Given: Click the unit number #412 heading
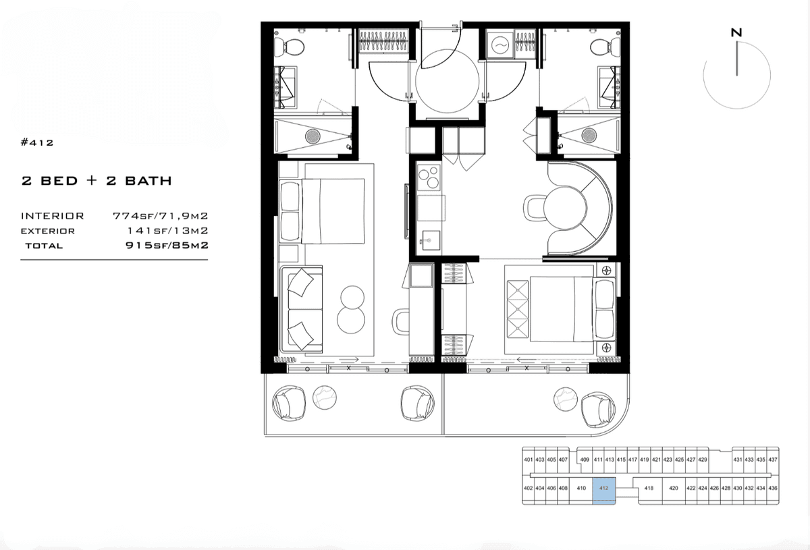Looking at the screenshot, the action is (37, 142).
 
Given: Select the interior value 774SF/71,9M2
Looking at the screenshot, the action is (161, 216).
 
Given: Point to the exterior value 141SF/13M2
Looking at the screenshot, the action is (168, 231).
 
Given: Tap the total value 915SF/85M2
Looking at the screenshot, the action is (167, 246).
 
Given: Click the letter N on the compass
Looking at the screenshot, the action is (736, 33).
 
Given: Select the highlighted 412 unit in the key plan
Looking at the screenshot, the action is (604, 491).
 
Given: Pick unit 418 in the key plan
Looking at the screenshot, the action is (649, 488).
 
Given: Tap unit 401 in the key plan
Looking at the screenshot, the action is (529, 460).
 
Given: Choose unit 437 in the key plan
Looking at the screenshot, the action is (773, 460).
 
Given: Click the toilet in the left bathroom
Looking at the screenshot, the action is (289, 47).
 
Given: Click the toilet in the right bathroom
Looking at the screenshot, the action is (605, 47).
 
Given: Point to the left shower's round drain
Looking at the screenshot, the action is (313, 136).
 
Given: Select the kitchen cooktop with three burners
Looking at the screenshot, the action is (429, 177).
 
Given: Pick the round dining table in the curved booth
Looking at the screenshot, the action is (565, 208).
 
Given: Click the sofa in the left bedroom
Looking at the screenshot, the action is (302, 310).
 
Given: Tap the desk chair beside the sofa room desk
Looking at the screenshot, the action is (401, 321).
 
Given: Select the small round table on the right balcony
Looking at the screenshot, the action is (566, 399).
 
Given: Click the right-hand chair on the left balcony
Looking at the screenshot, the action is (417, 403).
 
